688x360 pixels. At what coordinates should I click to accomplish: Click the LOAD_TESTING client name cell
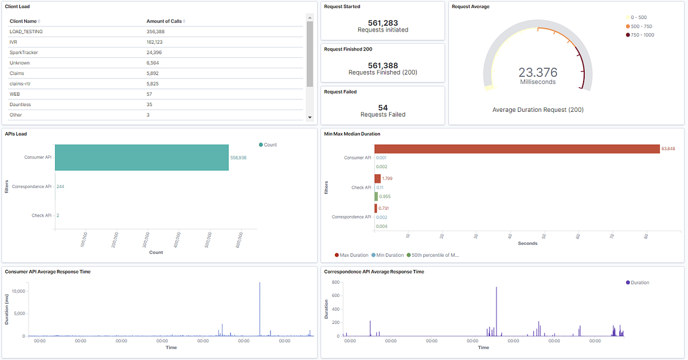(x=26, y=32)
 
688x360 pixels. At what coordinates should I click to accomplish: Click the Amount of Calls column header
(x=164, y=21)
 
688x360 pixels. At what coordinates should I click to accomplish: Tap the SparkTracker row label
(x=24, y=52)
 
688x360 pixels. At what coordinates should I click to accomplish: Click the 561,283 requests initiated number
(x=382, y=23)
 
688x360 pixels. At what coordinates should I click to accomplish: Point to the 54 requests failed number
(x=382, y=107)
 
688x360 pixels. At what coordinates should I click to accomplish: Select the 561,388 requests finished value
(x=382, y=65)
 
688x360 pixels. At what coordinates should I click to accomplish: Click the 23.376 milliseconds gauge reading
(x=537, y=72)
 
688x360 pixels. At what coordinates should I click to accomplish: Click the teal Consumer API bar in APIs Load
(x=142, y=157)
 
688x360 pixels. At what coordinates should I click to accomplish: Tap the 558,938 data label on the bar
(x=238, y=158)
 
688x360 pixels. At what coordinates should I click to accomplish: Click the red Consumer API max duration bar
(x=517, y=149)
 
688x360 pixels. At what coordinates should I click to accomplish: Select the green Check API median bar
(x=377, y=197)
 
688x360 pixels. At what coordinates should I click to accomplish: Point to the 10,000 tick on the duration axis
(x=17, y=291)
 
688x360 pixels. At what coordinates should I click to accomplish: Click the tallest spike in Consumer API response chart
(x=260, y=283)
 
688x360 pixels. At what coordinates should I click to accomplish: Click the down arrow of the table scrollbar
(x=310, y=117)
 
